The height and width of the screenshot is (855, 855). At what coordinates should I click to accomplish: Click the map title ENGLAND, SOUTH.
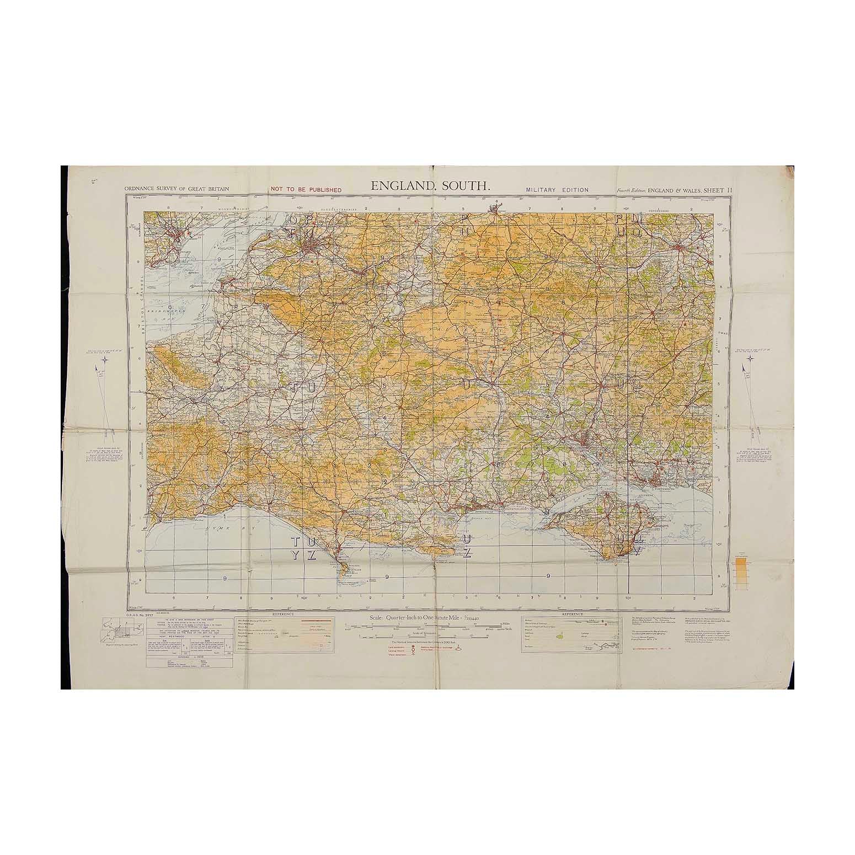[430, 186]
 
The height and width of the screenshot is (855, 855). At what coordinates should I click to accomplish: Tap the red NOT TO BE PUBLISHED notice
[306, 190]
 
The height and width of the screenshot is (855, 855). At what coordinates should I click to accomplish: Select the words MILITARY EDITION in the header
[557, 190]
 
